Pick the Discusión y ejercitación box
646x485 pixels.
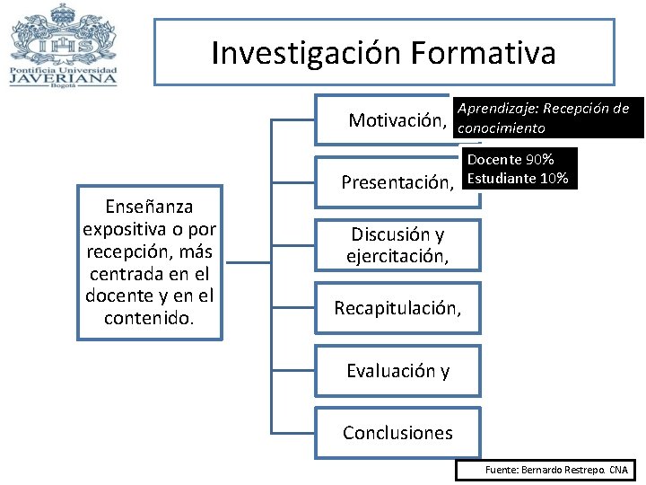[x=397, y=245]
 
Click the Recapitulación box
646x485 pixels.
[x=397, y=308]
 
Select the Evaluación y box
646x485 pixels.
[x=397, y=370]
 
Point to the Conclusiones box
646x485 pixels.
[x=397, y=433]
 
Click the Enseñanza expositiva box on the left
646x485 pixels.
[x=149, y=261]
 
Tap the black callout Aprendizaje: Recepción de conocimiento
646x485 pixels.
[x=548, y=118]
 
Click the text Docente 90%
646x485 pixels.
[x=510, y=160]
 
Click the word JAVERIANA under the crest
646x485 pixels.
[x=64, y=76]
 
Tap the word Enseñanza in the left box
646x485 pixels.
[x=149, y=206]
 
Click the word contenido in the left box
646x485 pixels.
[x=149, y=317]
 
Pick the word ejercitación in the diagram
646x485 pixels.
[x=397, y=257]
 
